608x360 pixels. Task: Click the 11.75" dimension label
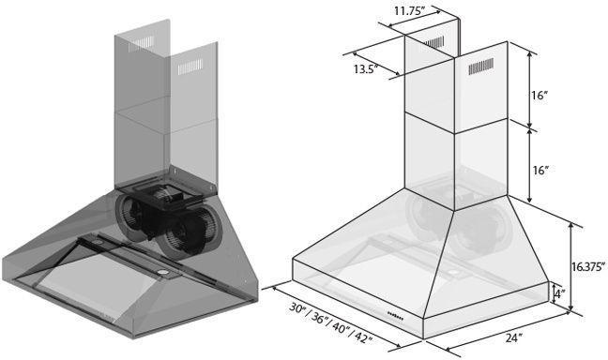(410, 10)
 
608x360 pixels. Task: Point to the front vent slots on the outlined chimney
(480, 68)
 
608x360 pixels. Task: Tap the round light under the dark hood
(165, 273)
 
